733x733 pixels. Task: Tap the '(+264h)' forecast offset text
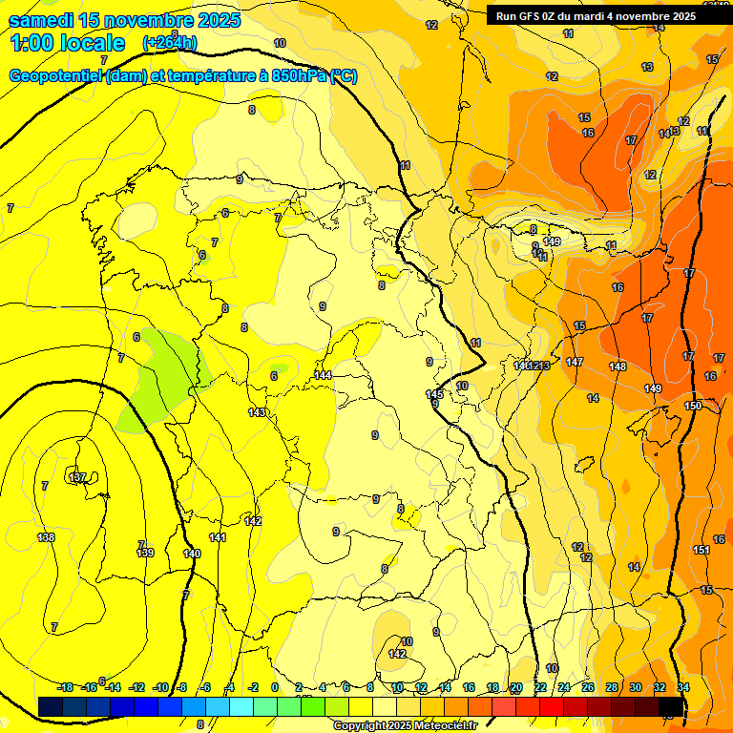click(170, 42)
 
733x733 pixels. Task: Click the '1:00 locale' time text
click(68, 43)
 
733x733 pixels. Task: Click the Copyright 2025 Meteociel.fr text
click(405, 726)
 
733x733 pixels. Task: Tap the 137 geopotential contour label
click(78, 476)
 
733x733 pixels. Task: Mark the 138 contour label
click(46, 537)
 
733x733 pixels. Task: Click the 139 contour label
click(145, 553)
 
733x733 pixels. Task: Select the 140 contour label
click(192, 554)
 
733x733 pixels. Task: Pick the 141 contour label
click(218, 538)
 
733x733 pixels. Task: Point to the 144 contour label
click(324, 375)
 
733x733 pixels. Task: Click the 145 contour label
click(434, 393)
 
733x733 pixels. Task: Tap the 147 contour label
click(574, 362)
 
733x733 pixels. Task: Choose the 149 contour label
click(653, 388)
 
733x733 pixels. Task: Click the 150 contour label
click(693, 406)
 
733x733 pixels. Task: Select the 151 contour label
click(701, 550)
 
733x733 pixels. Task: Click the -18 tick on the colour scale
click(65, 687)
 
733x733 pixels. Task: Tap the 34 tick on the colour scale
click(683, 687)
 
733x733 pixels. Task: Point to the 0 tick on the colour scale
click(275, 687)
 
